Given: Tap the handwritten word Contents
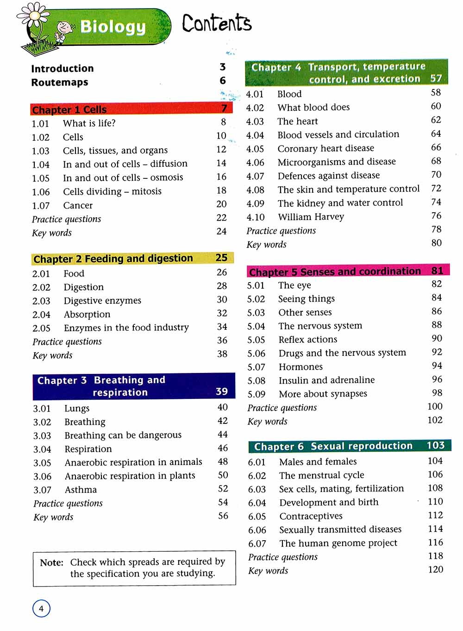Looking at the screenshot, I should [x=216, y=23].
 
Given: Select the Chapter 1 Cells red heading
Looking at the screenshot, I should [x=69, y=110].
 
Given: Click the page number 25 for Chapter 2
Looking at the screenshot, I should [x=221, y=258].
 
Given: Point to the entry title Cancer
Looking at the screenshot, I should [x=78, y=205].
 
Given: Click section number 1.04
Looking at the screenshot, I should [x=41, y=164].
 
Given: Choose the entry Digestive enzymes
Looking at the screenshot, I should [x=102, y=301].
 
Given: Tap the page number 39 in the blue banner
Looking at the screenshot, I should [x=222, y=391].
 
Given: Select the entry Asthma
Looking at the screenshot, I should [x=81, y=490].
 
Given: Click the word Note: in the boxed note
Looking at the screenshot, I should [x=51, y=563].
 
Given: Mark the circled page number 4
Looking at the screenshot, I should [x=41, y=608].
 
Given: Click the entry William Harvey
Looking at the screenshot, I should [x=311, y=217].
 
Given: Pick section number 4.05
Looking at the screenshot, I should [x=255, y=149].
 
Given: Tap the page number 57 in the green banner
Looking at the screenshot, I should [x=436, y=78].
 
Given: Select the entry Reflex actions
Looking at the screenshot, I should [x=307, y=340].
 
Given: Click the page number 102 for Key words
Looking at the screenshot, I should [x=435, y=420].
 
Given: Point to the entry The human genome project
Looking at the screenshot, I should [x=338, y=543].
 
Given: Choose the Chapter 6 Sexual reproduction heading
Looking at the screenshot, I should [x=333, y=446].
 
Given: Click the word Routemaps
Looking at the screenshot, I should [x=59, y=82].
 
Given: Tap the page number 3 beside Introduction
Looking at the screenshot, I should [x=223, y=67].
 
